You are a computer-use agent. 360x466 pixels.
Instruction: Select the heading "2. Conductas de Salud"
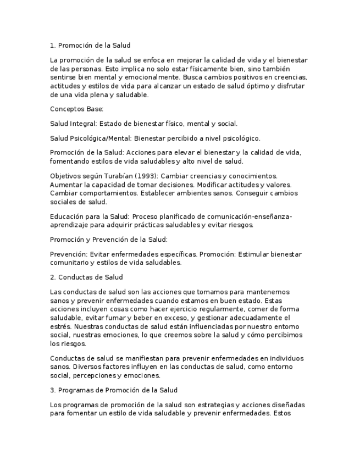pos(86,277)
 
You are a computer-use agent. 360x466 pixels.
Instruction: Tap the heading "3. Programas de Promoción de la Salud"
pos(114,390)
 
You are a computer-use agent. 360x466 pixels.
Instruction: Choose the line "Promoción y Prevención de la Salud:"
pos(109,240)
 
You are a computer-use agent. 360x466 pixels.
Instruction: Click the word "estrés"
pos(59,326)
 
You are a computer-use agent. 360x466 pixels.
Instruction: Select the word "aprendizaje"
pos(69,225)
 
